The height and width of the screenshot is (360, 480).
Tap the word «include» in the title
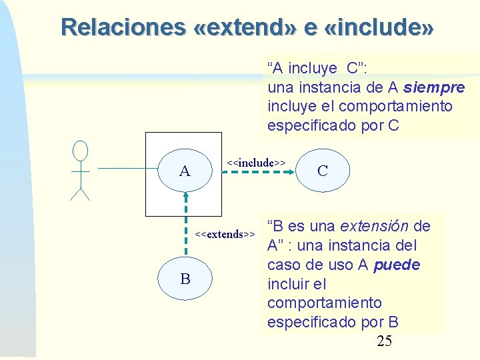379,27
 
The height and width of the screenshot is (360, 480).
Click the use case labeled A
185,171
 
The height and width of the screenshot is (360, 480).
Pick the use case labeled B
185,279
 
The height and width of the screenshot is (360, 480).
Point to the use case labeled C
323,171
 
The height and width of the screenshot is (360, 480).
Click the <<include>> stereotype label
256,162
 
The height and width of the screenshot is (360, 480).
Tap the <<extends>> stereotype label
225,234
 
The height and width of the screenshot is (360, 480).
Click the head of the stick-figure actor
80,150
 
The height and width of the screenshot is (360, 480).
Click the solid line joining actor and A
127,171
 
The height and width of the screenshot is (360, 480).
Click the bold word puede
397,265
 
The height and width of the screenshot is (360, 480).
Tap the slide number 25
384,342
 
